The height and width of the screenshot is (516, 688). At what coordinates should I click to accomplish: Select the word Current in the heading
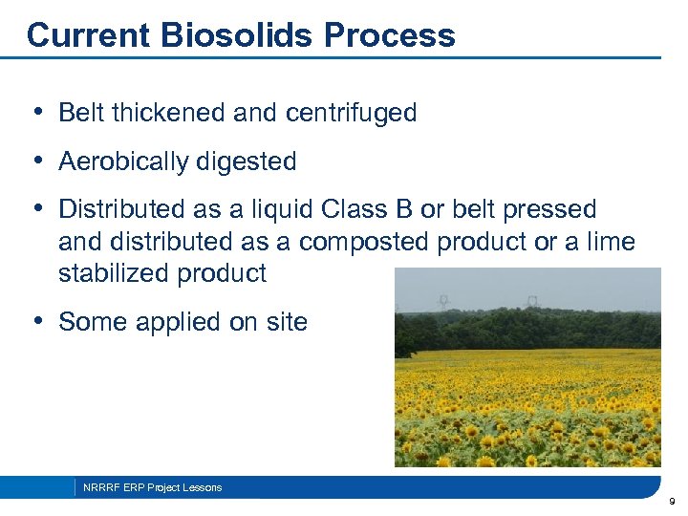86,35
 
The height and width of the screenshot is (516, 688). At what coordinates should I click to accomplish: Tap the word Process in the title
390,35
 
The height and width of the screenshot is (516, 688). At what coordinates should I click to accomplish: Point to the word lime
610,242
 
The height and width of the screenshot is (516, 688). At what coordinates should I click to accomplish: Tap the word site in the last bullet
286,322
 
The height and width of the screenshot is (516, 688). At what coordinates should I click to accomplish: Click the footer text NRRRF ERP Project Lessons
152,487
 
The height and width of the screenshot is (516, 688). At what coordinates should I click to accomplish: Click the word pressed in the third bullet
553,209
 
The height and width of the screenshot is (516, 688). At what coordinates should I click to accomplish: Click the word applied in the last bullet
181,322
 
